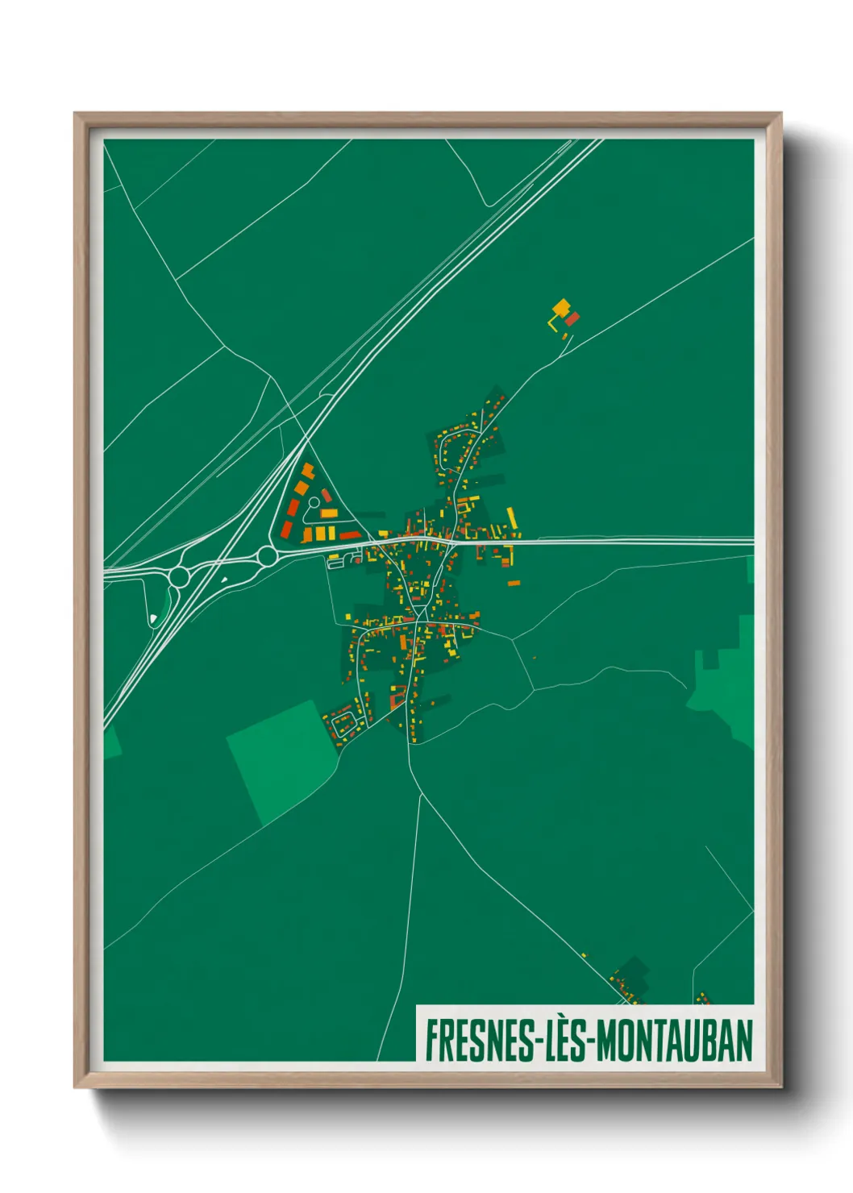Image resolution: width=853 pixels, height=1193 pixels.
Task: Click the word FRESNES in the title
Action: [480, 1041]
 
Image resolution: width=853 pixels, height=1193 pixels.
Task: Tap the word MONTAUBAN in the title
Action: [674, 1041]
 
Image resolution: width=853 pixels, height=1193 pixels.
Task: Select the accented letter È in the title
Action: [555, 1040]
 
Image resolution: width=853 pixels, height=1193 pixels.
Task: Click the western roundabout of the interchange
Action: [179, 576]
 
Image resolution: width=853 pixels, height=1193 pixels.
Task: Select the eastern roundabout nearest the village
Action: [267, 555]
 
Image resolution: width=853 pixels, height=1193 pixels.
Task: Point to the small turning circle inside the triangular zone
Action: [314, 502]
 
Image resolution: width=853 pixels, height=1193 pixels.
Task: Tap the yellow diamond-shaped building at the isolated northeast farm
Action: [561, 307]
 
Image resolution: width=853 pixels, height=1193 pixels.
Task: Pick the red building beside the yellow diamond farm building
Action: [572, 318]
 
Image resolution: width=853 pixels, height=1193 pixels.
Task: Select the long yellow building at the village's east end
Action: [511, 518]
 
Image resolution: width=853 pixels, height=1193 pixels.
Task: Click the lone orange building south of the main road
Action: [514, 583]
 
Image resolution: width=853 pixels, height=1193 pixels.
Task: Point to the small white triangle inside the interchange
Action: [224, 579]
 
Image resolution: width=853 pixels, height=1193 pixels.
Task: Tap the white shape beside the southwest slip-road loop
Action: [153, 619]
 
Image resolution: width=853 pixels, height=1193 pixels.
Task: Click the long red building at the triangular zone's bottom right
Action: [349, 535]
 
